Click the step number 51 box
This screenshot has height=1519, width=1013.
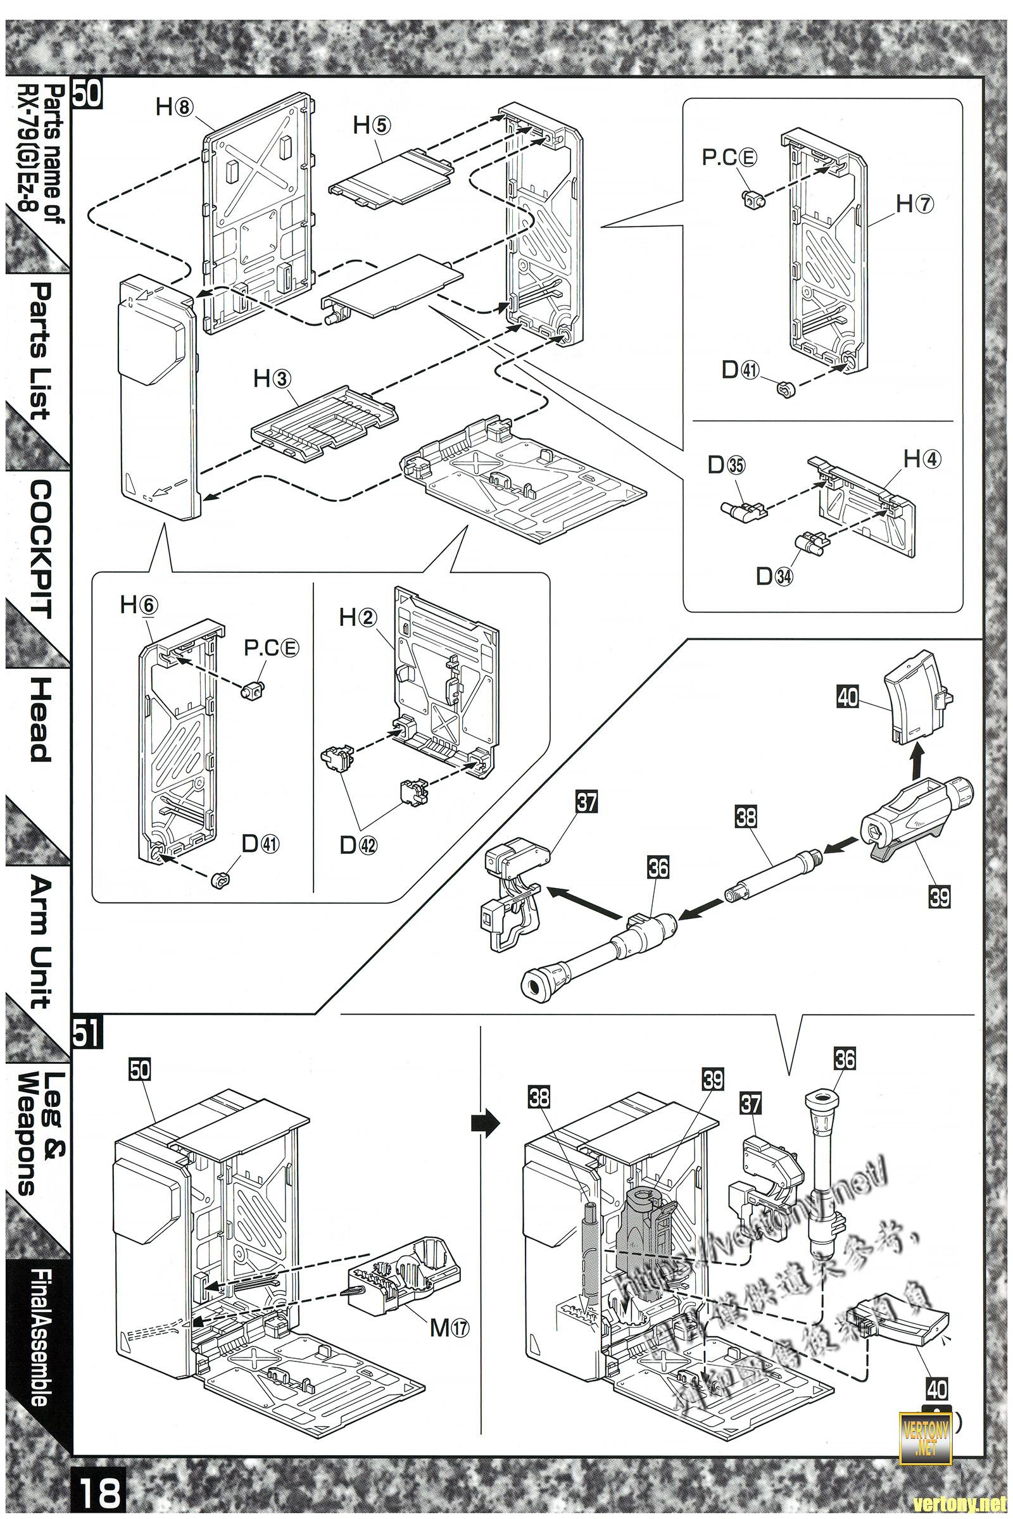tap(87, 1031)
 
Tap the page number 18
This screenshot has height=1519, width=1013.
tap(101, 1489)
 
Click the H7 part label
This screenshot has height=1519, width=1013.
tap(915, 204)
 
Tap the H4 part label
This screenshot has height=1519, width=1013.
tap(922, 460)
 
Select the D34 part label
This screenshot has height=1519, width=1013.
tap(775, 577)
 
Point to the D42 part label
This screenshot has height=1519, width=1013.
tap(359, 845)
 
